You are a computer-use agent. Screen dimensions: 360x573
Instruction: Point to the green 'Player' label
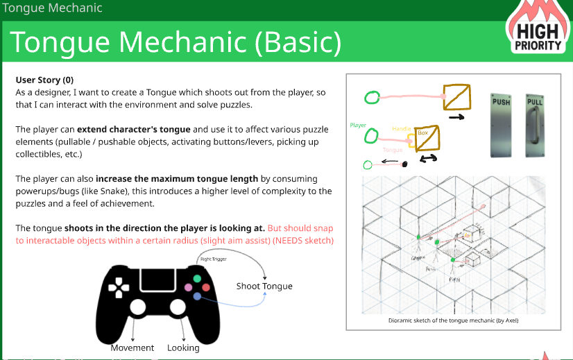(358, 126)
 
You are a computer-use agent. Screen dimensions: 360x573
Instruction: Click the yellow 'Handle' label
(402, 129)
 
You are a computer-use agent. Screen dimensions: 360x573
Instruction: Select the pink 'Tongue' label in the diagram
(392, 150)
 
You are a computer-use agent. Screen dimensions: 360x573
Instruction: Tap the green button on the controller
(197, 279)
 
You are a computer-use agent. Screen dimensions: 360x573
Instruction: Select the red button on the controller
(206, 286)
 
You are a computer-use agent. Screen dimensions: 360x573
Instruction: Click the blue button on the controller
(197, 296)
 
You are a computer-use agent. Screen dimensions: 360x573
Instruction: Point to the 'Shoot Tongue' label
(264, 286)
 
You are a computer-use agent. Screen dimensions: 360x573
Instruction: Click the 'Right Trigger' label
(214, 259)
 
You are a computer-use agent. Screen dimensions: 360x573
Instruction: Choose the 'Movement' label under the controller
(132, 348)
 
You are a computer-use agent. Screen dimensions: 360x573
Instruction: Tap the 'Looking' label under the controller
(183, 348)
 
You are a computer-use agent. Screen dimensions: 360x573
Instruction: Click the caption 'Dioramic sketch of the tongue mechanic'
(452, 320)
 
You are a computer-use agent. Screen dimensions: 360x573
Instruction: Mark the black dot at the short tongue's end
(404, 164)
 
